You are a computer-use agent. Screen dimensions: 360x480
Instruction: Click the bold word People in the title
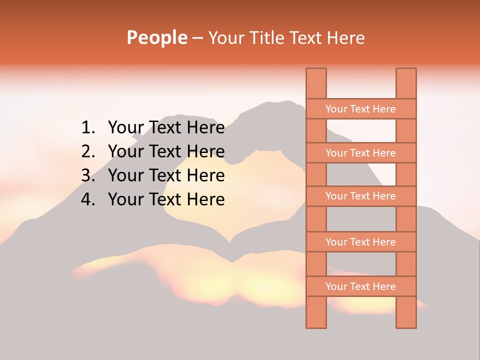click(156, 37)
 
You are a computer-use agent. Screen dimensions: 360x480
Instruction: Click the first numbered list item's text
click(166, 128)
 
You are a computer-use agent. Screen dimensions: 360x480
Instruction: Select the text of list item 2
click(166, 151)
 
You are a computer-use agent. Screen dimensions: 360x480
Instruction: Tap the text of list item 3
click(166, 175)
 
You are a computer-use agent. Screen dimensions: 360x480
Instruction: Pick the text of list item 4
click(166, 199)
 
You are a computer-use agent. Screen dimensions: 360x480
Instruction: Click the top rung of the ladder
click(360, 109)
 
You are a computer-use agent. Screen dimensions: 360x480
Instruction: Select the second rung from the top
click(360, 153)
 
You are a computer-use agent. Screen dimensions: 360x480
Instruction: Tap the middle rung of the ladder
click(360, 196)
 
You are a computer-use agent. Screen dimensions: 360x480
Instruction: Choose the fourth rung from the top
click(360, 242)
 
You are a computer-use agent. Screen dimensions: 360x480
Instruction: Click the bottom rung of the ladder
click(360, 286)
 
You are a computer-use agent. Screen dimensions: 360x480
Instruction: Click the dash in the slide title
click(197, 38)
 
